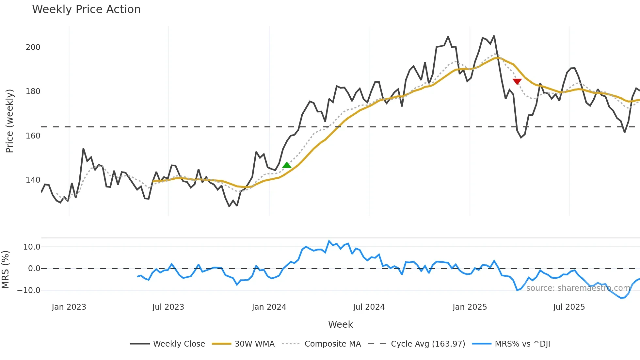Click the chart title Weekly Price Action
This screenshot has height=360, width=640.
tap(86, 9)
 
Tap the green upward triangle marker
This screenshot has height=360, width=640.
tap(287, 165)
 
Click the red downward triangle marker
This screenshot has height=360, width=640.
tap(517, 81)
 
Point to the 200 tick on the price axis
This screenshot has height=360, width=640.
tap(33, 47)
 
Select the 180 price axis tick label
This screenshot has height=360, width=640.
tap(33, 91)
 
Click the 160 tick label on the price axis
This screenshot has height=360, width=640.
tap(33, 136)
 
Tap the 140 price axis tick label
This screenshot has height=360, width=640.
tap(33, 180)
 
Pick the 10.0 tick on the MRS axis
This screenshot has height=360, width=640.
tap(32, 247)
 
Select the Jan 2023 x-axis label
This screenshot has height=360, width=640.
tap(69, 307)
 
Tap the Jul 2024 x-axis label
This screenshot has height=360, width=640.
tap(369, 307)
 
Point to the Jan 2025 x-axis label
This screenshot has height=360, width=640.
tap(470, 307)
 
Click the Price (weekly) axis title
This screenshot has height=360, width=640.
tap(10, 121)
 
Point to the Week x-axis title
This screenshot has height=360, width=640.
tap(340, 324)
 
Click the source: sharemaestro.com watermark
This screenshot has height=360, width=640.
tap(578, 288)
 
